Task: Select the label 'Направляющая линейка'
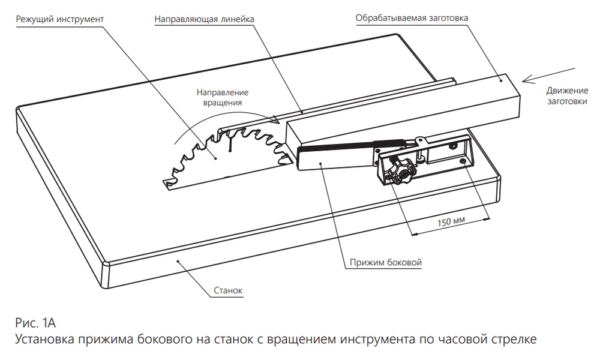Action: pyautogui.click(x=205, y=19)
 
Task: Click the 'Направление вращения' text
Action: pyautogui.click(x=222, y=97)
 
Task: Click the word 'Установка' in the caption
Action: pyautogui.click(x=45, y=341)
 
